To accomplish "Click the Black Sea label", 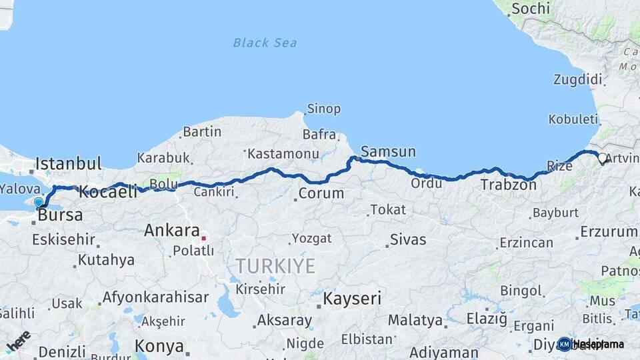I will [265, 43].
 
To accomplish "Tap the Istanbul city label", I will [68, 163].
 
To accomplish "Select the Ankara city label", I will [172, 231].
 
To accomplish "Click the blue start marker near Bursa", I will [39, 202].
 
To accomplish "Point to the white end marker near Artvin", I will [602, 158].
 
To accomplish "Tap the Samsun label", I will [388, 152].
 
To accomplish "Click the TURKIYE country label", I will [275, 265].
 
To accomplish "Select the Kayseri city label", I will [352, 298].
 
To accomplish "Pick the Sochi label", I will [531, 9].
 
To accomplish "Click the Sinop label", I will [323, 109].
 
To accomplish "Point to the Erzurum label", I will [609, 231].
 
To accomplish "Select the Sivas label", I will [408, 239].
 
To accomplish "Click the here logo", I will [19, 340].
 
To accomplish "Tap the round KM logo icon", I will [564, 344].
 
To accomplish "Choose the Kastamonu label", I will [283, 154].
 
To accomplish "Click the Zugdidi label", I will [577, 79].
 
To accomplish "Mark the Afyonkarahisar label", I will [155, 297].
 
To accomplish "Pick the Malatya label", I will [415, 321].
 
